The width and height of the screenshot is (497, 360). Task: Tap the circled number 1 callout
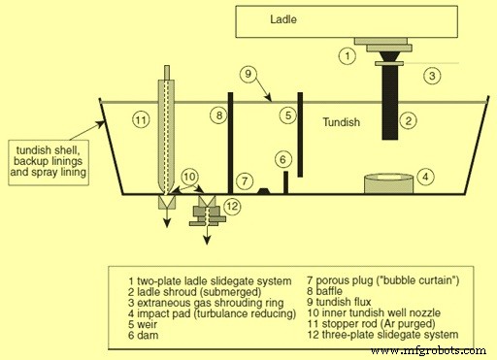coord(347,55)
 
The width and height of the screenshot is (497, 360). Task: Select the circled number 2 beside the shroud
coord(433,74)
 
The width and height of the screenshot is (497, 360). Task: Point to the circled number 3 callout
coord(424,177)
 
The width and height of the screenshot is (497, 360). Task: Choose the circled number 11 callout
coord(142,120)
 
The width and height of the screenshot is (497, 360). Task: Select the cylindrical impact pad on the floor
coord(386,183)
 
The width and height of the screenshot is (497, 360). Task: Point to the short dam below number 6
coord(284,181)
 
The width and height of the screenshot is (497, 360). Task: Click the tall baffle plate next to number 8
coord(230,141)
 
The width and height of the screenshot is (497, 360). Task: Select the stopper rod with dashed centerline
coord(166,136)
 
